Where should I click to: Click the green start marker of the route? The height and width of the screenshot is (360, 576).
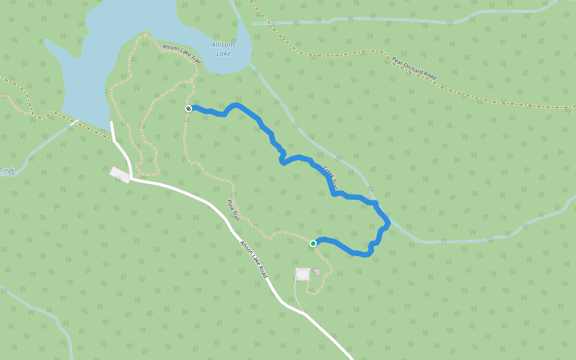tap(313, 243)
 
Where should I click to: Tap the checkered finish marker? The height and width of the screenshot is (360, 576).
tap(188, 109)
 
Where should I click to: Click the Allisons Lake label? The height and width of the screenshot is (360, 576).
tap(223, 49)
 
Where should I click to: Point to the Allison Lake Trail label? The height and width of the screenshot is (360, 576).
tap(182, 54)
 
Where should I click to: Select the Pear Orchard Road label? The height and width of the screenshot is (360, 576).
tap(414, 69)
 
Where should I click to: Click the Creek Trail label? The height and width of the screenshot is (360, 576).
tap(331, 178)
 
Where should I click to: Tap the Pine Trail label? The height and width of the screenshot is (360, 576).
tap(233, 211)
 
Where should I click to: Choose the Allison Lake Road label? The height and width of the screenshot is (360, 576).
tap(254, 259)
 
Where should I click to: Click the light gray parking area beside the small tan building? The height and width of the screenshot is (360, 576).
tap(302, 274)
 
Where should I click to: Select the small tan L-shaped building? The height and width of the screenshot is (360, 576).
tap(317, 271)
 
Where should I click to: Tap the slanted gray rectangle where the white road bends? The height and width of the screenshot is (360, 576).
tap(119, 175)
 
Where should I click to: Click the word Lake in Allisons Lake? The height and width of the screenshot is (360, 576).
tap(223, 53)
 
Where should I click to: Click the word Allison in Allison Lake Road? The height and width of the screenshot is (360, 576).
tap(245, 248)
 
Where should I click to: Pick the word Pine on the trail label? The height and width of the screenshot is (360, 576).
tap(230, 205)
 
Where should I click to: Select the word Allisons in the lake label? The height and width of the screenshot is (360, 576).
tap(223, 45)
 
